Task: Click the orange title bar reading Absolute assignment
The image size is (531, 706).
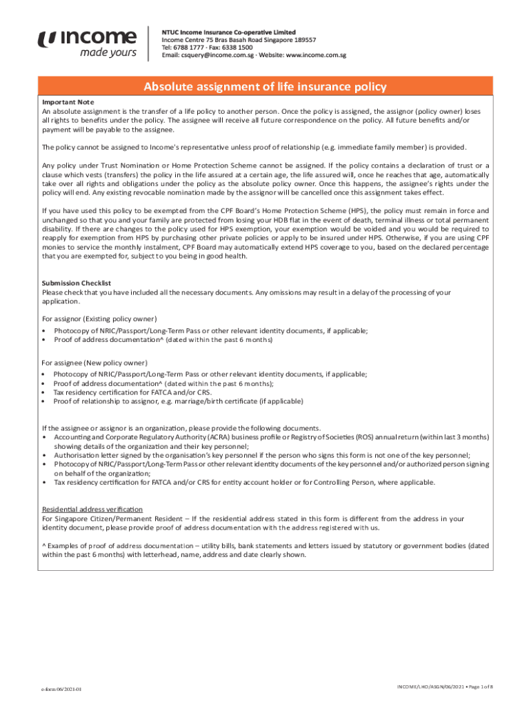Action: [x=265, y=87]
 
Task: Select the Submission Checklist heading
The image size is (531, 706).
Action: [x=77, y=283]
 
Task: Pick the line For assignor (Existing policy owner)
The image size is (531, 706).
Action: [x=99, y=319]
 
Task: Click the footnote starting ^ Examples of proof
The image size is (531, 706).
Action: [x=265, y=549]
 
